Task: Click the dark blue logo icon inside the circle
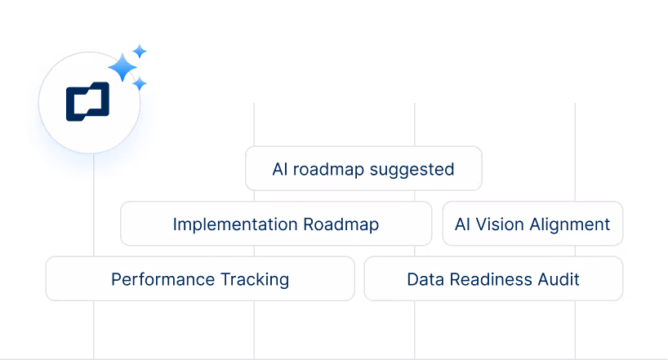click(x=87, y=102)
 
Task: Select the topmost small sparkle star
click(x=140, y=51)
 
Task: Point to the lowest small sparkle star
click(x=140, y=83)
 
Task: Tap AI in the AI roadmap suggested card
click(x=280, y=169)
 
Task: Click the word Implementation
click(x=234, y=224)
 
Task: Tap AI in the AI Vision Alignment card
click(x=461, y=224)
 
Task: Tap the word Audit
click(x=559, y=279)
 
